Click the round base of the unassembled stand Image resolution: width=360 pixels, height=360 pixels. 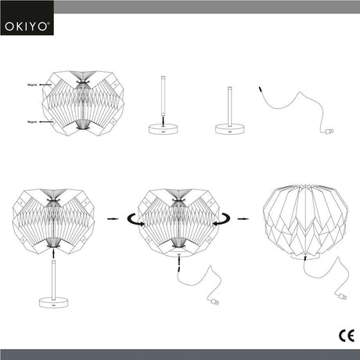coord(161,131)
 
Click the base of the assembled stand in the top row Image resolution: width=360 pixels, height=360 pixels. coord(231,131)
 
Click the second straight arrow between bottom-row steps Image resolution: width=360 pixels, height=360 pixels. coord(243,218)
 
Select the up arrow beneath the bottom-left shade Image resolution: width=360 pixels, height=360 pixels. coord(53,253)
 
